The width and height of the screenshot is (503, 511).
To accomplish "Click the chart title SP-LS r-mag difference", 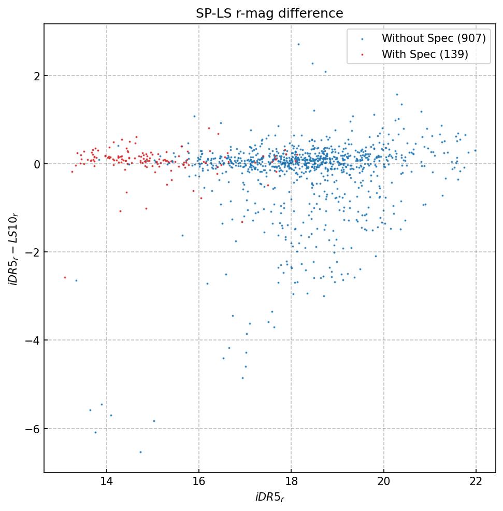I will (269, 13).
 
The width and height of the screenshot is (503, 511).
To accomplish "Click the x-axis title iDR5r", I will (269, 498).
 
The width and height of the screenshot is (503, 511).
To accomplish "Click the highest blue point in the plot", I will (298, 44).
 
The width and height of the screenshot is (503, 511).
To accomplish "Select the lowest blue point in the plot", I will (140, 452).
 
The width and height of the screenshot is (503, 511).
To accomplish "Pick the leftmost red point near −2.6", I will (65, 277).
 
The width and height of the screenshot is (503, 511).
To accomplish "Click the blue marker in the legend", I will (362, 39).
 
